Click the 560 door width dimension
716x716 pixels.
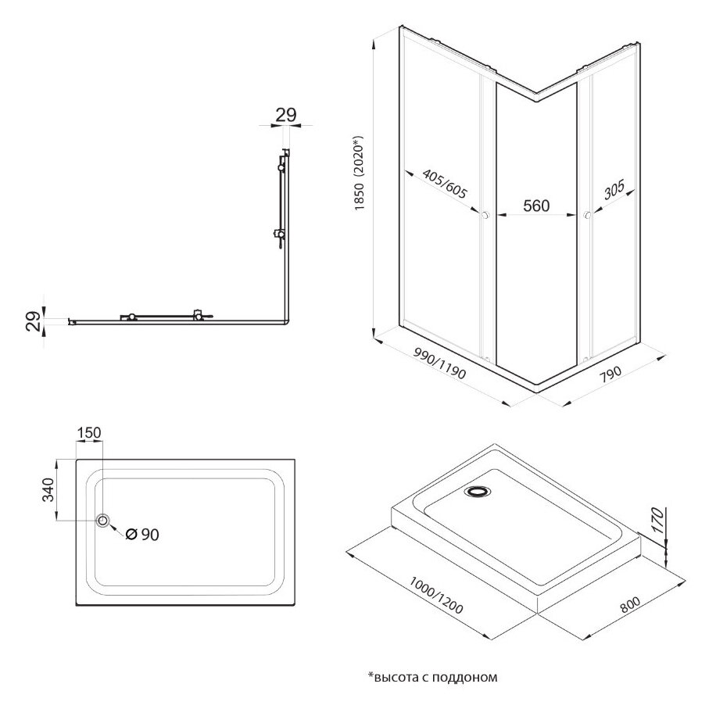[535, 206]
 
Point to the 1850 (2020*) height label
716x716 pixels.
[360, 176]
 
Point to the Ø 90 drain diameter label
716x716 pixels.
[141, 534]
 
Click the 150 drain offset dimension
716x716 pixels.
[89, 432]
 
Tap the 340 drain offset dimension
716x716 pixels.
[47, 489]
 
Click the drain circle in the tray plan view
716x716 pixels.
[102, 521]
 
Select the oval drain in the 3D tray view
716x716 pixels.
[476, 492]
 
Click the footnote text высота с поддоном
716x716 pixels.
[431, 676]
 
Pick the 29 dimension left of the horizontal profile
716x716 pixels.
[34, 320]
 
